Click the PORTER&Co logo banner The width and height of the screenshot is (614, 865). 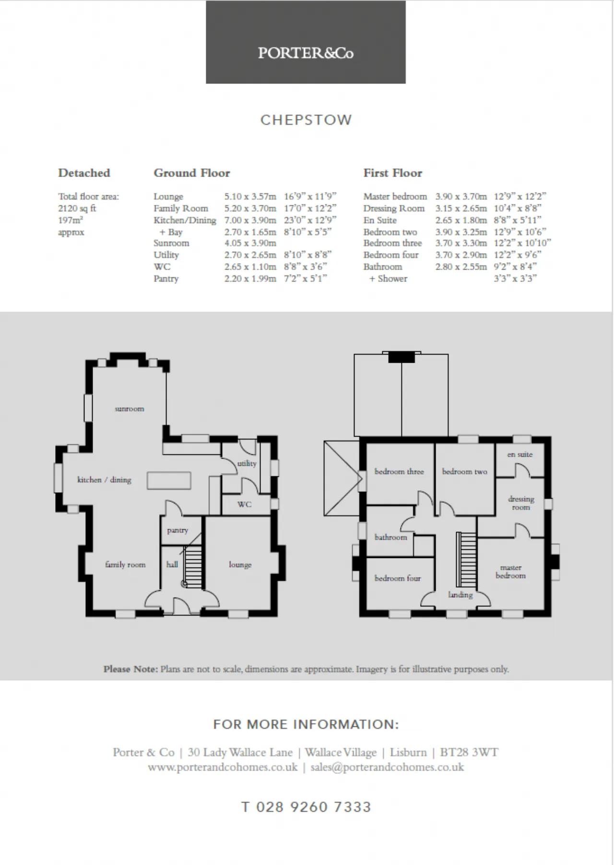[306, 42]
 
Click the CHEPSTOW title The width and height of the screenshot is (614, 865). [306, 120]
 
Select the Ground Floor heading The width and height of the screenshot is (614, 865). [192, 173]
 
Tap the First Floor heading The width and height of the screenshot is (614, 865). [393, 173]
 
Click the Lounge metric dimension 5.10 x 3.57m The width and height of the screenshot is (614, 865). [250, 196]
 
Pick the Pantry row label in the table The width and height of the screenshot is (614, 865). [166, 279]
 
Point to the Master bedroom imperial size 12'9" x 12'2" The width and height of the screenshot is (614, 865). [520, 196]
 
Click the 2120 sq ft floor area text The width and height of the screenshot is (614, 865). [77, 208]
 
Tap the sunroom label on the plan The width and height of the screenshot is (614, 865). [130, 409]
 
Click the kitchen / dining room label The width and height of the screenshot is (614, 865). [104, 480]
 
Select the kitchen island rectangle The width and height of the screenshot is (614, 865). [169, 480]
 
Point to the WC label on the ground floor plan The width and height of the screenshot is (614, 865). [245, 504]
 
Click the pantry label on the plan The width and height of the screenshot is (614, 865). [177, 530]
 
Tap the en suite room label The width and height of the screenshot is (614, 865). [520, 454]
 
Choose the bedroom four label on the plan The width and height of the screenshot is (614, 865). [398, 578]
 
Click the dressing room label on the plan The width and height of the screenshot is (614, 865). [521, 503]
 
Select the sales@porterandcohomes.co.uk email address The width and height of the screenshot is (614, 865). [387, 767]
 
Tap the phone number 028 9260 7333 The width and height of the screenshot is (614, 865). [314, 807]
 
